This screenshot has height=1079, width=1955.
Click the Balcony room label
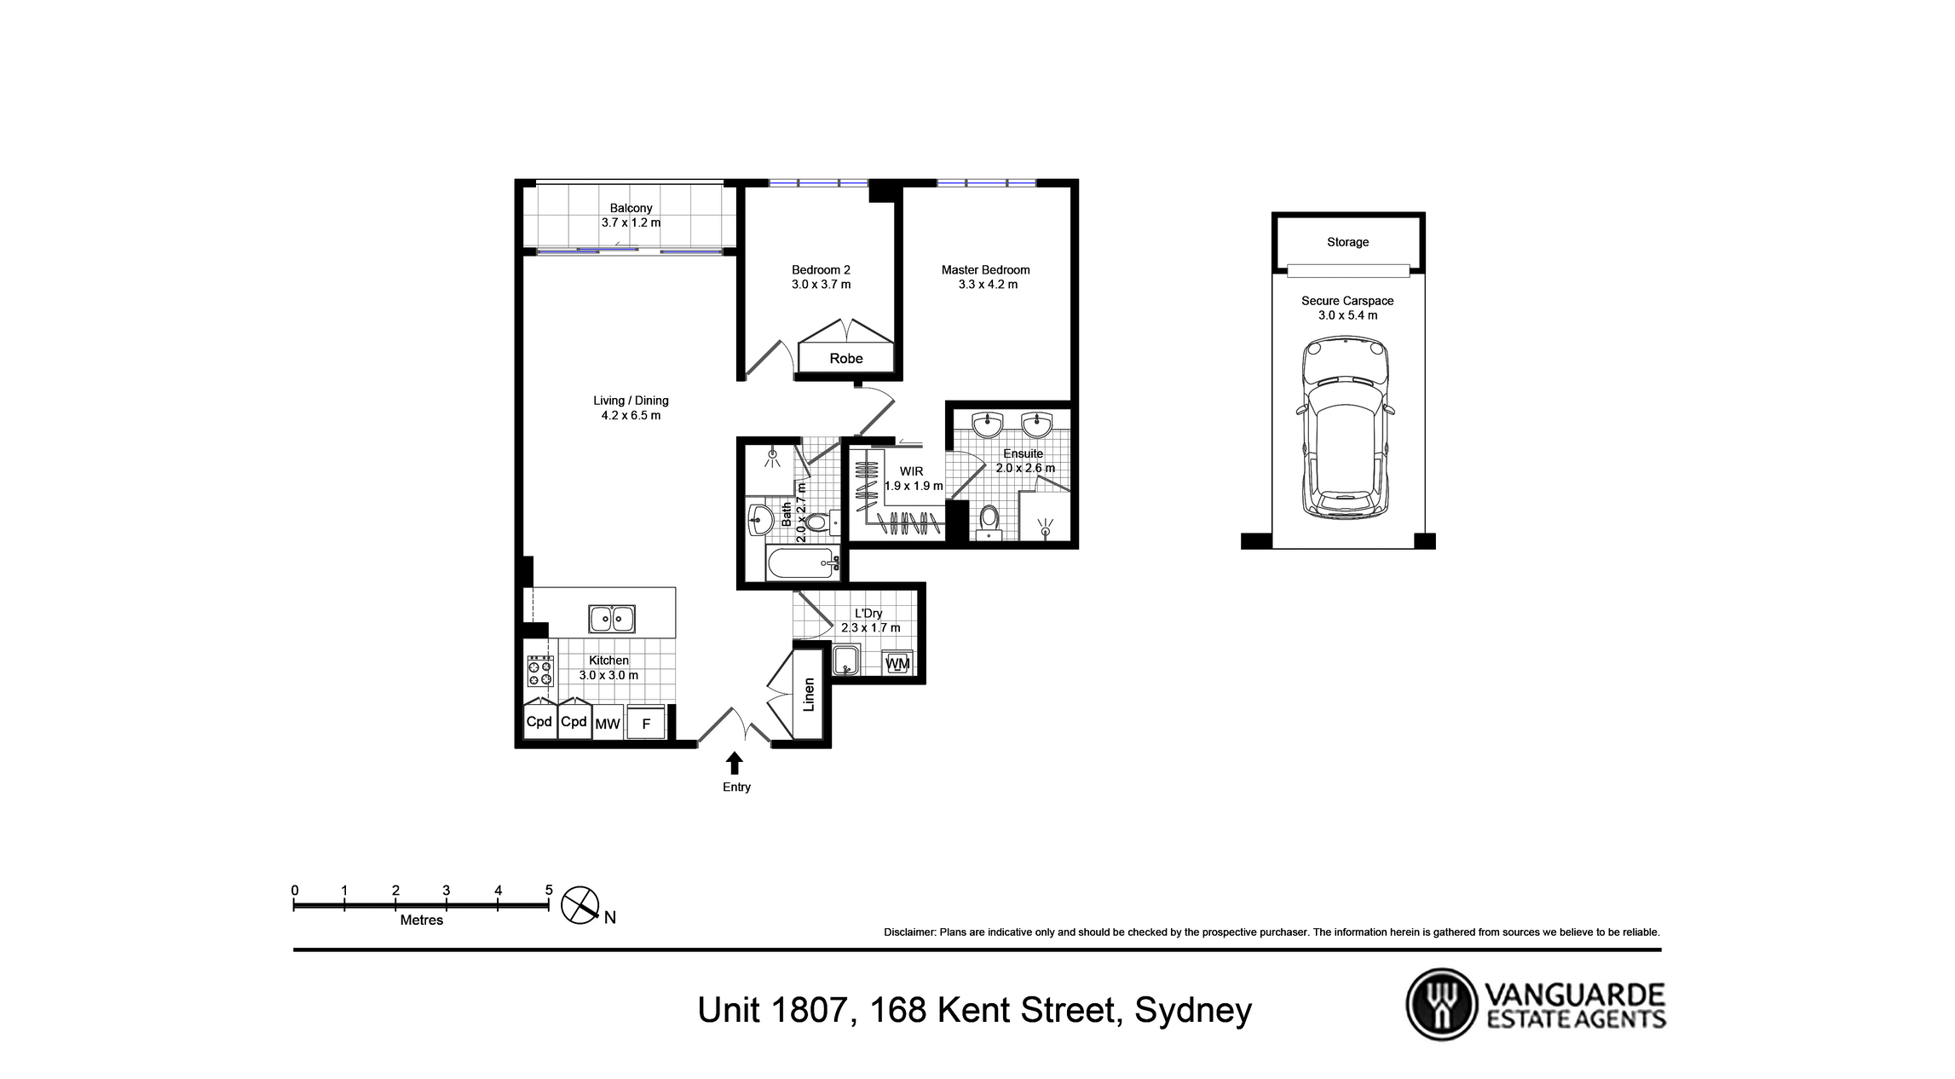(x=631, y=208)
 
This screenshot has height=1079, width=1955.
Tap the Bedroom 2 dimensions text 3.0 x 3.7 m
(x=821, y=285)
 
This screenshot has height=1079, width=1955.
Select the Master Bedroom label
(x=985, y=270)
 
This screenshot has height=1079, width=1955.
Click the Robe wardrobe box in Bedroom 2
(x=846, y=358)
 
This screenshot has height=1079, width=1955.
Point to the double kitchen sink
(x=612, y=619)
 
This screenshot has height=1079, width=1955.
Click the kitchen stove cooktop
(x=539, y=672)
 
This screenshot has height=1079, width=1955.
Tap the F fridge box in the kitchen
(x=646, y=724)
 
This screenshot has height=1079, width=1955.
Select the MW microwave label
(x=608, y=724)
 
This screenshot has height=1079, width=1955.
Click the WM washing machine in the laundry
(x=898, y=663)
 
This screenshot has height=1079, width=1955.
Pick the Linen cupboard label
(x=810, y=695)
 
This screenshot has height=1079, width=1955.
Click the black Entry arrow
(x=735, y=763)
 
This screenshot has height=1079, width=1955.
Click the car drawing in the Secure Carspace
(x=1346, y=427)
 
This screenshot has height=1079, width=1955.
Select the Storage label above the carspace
(x=1347, y=242)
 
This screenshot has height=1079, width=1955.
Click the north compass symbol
(x=580, y=905)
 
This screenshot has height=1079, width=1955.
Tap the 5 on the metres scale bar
(x=549, y=891)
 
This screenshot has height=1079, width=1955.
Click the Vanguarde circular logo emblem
(x=1441, y=1004)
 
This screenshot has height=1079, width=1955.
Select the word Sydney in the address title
(x=1193, y=1011)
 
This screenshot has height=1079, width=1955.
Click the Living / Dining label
(x=631, y=401)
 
